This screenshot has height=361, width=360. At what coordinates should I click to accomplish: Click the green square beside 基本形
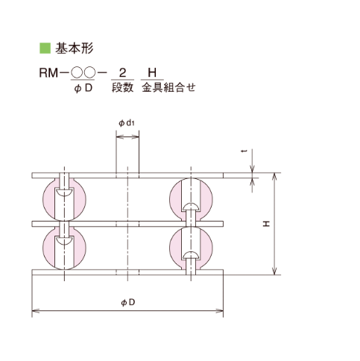pos(45,48)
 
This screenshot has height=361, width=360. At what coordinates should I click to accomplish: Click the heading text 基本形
pos(74,48)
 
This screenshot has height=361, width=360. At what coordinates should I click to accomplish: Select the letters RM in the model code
pos(48,73)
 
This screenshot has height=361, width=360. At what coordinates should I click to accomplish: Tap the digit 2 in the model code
pos(122,73)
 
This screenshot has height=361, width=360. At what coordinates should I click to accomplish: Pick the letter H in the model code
pos(152,73)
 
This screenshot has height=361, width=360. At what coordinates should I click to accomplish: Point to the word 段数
pos(122,87)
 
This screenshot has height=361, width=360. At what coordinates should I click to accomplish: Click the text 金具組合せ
pos(168,87)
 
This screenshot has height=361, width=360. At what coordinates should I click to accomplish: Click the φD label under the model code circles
pos(83,88)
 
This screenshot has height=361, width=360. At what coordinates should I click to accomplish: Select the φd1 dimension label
pos(127,123)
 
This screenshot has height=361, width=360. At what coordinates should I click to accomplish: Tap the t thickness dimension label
pos(245,151)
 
